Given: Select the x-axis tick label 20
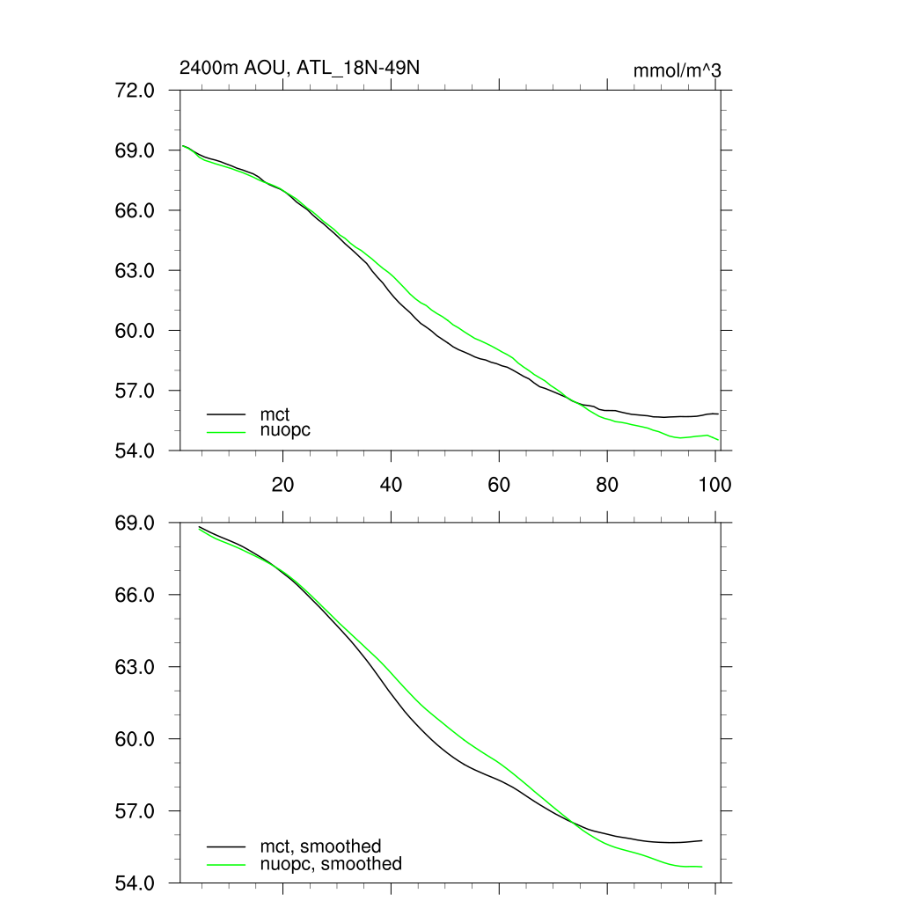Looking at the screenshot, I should [x=282, y=484].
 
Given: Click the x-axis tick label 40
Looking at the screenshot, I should [x=391, y=484].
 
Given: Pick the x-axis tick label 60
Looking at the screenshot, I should [x=499, y=484].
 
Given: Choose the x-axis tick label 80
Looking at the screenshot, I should [x=607, y=484].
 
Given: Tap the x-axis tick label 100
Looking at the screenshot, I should [x=714, y=484].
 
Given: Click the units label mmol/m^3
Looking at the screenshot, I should [x=678, y=70].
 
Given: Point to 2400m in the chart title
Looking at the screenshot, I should [x=203, y=68].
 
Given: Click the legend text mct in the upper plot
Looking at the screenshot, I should [x=275, y=413].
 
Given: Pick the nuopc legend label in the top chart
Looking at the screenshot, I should [x=285, y=431].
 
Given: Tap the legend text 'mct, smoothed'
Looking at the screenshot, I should [x=320, y=846].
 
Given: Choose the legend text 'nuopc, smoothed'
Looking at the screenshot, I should [x=330, y=864].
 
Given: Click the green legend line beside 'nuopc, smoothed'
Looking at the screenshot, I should [x=226, y=864].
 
